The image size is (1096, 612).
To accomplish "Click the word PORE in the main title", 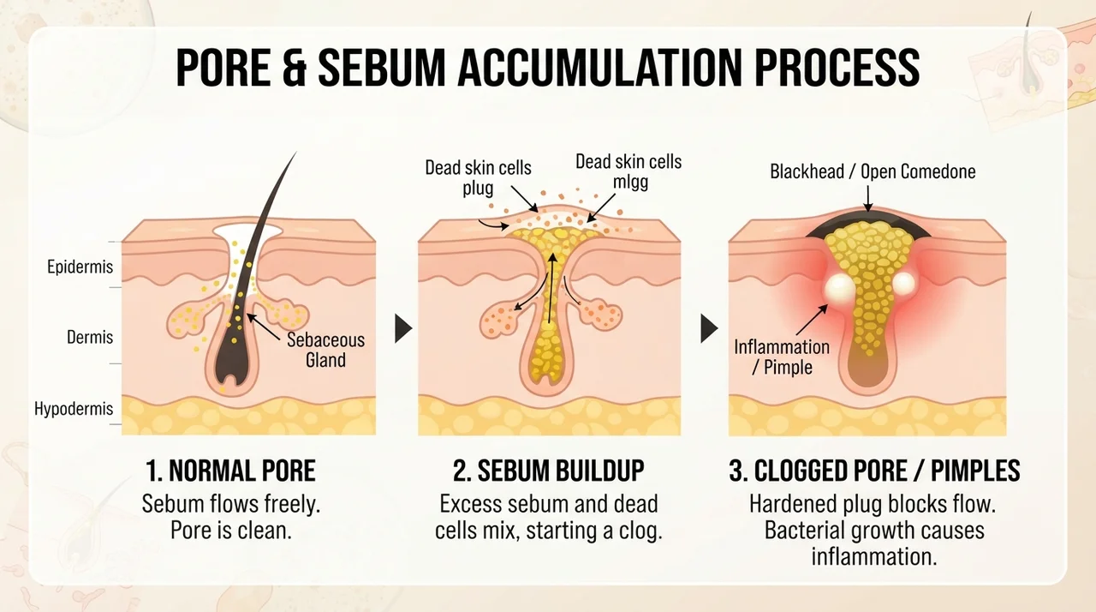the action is [223, 67].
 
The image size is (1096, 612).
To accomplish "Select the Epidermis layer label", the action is [80, 267].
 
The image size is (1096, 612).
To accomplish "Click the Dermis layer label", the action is [90, 337].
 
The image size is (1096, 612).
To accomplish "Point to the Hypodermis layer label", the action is [74, 408].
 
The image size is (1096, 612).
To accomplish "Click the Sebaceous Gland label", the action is [326, 350].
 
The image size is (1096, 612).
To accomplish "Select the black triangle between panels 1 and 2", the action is [403, 328].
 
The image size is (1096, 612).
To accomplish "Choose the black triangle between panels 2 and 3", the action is [709, 328].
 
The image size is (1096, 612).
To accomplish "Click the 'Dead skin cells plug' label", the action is [478, 177].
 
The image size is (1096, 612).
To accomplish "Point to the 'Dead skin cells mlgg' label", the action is [628, 171].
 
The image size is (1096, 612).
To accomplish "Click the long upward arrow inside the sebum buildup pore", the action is [551, 288].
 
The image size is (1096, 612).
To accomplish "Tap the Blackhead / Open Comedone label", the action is [873, 171].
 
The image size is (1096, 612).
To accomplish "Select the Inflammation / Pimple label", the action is [782, 357].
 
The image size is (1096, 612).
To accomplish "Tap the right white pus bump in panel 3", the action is [903, 284].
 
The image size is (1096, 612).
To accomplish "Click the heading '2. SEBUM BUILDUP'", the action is [549, 471].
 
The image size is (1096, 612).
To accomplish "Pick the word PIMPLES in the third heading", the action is [975, 471].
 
